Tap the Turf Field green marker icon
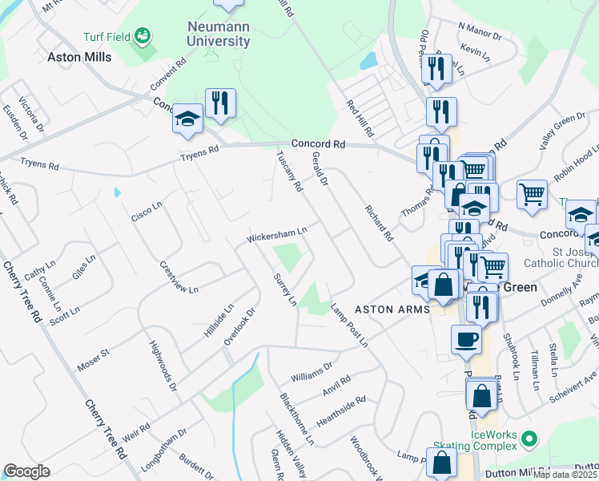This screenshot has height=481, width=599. click(x=143, y=35)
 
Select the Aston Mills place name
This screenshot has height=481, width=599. click(x=79, y=57)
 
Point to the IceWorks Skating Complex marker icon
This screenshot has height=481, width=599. click(x=528, y=439)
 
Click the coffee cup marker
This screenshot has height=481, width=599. click(x=466, y=340)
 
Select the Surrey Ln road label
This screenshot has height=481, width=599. click(x=286, y=289)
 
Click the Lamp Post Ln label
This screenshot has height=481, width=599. click(x=351, y=329)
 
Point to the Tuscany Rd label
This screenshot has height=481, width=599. click(x=290, y=172)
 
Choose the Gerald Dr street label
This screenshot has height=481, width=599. click(x=320, y=170)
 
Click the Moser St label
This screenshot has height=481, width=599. click(x=93, y=360)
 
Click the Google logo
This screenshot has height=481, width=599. click(x=26, y=471)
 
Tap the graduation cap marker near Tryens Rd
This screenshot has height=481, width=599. click(x=187, y=119)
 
